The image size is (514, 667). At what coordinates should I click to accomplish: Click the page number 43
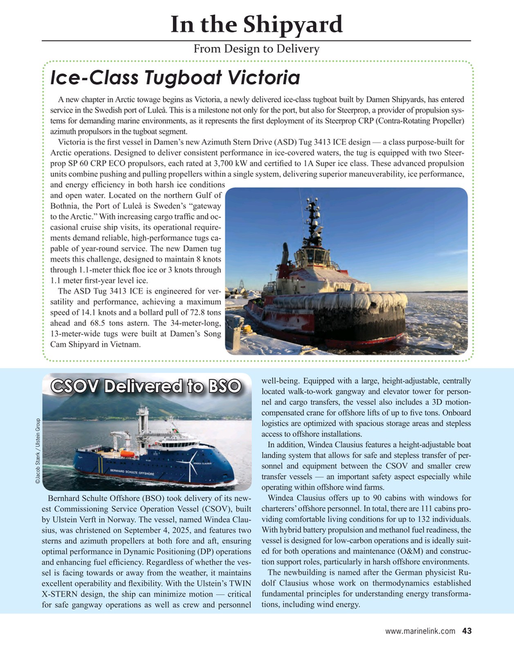click(466, 631)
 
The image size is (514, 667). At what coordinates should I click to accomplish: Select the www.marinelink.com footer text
click(420, 631)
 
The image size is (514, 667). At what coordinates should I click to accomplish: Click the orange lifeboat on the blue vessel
click(128, 454)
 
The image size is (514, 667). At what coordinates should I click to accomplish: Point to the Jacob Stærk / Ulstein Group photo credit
click(39, 449)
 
